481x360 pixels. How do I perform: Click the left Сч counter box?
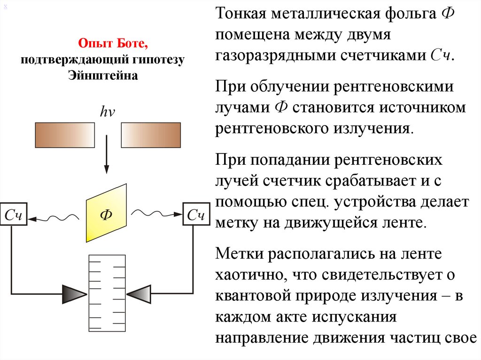(x=14, y=215)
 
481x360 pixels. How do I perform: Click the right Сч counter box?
(x=196, y=215)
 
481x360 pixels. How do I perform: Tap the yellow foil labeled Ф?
(x=106, y=214)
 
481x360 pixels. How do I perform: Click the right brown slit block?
(x=151, y=135)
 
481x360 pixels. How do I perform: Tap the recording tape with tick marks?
(x=107, y=293)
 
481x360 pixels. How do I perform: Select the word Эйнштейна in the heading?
(x=103, y=75)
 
